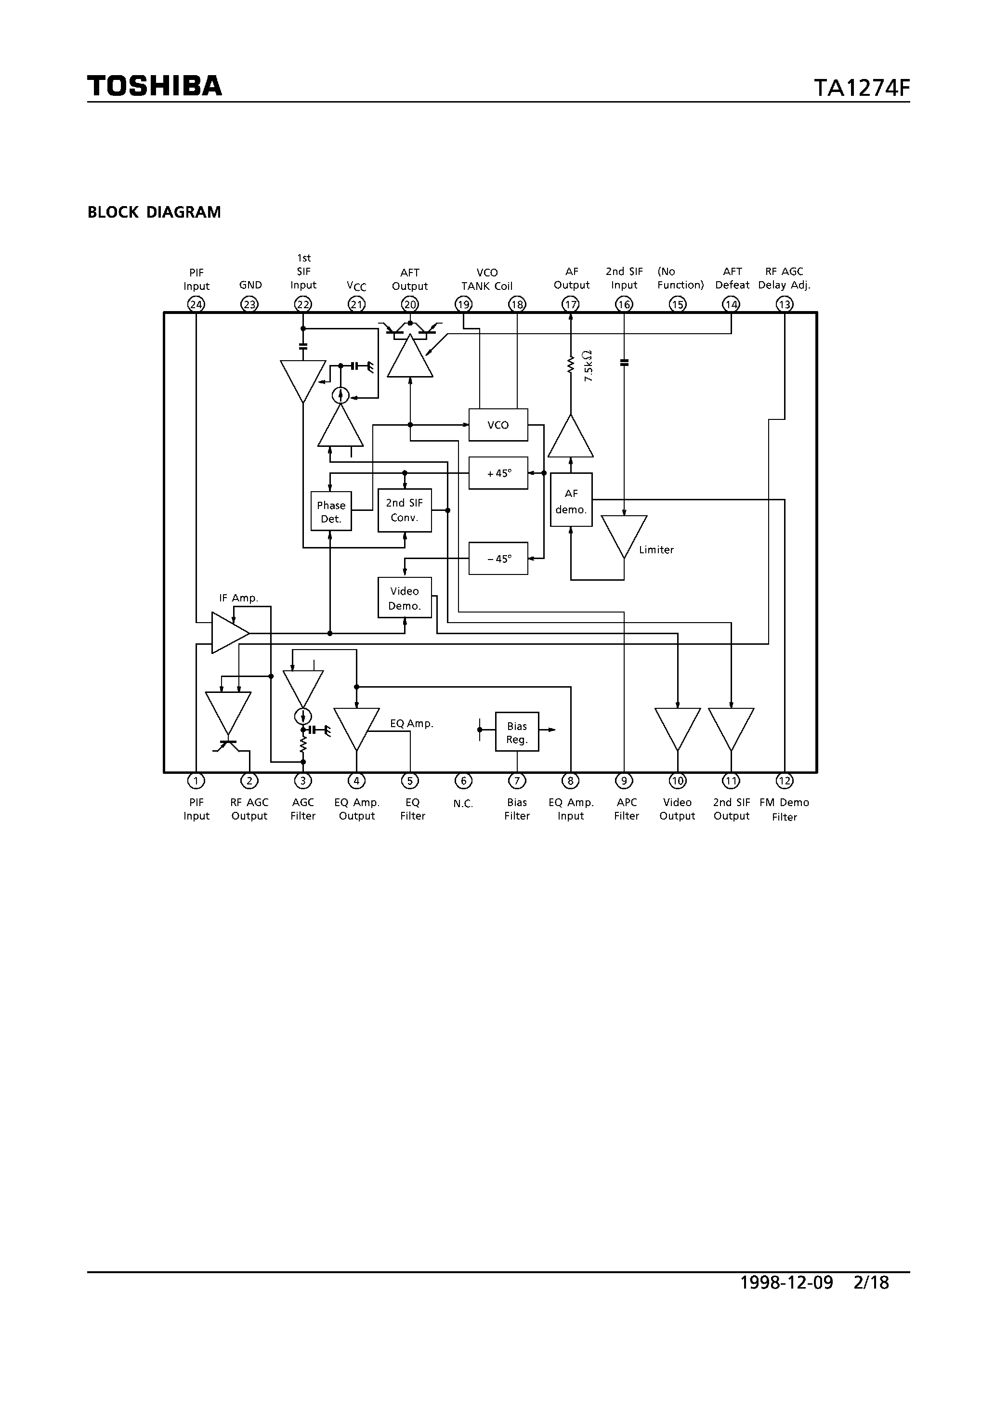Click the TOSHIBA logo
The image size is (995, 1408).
154,86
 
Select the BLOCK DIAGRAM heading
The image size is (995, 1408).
154,212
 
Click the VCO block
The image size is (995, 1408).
497,425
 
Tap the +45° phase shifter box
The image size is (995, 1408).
497,473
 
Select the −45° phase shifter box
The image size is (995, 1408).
497,559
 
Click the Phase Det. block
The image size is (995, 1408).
331,511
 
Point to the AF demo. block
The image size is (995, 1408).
571,500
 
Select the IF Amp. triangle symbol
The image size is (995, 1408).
229,632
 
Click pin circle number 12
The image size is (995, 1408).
784,781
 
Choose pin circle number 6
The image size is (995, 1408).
463,781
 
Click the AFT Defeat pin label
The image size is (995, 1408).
732,278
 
